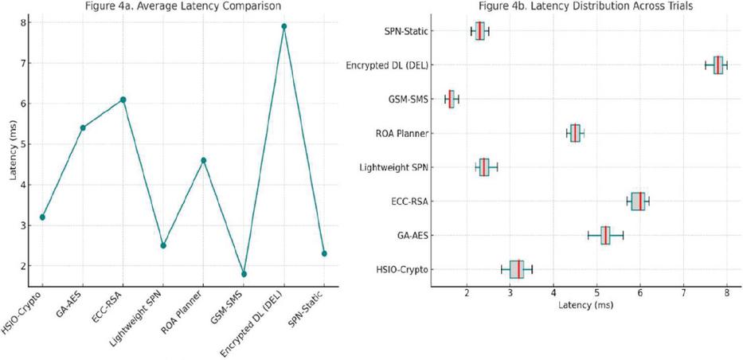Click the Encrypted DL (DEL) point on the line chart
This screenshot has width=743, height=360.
[x=284, y=26]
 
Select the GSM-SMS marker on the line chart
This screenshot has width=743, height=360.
[x=244, y=274]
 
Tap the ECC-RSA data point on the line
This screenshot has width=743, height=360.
[x=123, y=100]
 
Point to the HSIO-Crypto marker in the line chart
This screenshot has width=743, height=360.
[x=42, y=217]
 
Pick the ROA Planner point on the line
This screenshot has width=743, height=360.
[x=204, y=160]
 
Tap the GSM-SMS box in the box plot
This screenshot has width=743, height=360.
[x=452, y=99]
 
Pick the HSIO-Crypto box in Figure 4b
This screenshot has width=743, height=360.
[x=517, y=269]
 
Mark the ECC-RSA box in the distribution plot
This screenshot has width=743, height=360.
[x=638, y=202]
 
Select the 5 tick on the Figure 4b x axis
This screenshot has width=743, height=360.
[x=596, y=295]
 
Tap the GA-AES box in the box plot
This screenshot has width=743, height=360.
[x=605, y=235]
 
